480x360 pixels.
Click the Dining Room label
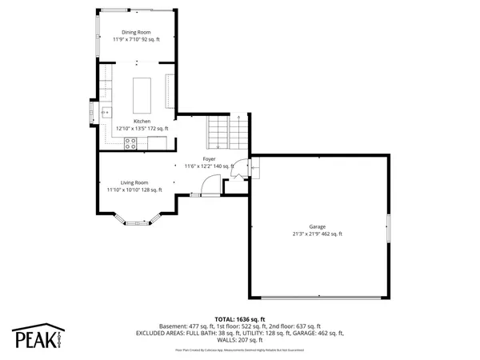pyautogui.click(x=135, y=32)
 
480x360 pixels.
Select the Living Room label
pyautogui.click(x=134, y=182)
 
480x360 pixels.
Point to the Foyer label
pyautogui.click(x=209, y=159)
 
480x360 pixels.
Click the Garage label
pyautogui.click(x=318, y=226)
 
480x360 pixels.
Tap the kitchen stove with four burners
pyautogui.click(x=130, y=143)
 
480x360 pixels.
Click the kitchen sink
pyautogui.click(x=105, y=111)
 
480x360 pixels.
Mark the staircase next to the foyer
pyautogui.click(x=228, y=131)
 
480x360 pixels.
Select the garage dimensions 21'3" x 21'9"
pyautogui.click(x=318, y=234)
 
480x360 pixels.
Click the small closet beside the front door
pyautogui.click(x=234, y=186)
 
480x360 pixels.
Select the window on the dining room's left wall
pyautogui.click(x=98, y=33)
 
